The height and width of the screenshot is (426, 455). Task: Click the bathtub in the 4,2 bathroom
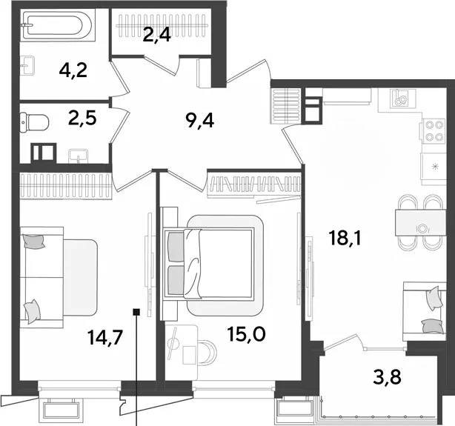(x=58, y=25)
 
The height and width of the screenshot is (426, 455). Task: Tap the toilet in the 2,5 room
(x=34, y=122)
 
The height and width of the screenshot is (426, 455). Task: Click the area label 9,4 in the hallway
(x=200, y=121)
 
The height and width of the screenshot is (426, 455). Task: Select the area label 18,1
(x=345, y=238)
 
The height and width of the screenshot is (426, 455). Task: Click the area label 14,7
(x=105, y=338)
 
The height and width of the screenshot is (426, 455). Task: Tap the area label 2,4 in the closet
(x=156, y=36)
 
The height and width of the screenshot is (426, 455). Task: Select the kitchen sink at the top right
(x=400, y=98)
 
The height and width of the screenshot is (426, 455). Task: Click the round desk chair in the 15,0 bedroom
(x=208, y=352)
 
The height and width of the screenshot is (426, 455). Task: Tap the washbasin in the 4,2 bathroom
(x=27, y=65)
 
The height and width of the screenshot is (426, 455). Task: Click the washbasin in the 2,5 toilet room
(x=79, y=156)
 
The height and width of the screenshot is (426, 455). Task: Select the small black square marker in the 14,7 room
(x=136, y=312)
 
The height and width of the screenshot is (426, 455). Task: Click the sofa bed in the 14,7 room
(x=58, y=278)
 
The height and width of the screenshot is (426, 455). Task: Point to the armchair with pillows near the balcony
(x=424, y=312)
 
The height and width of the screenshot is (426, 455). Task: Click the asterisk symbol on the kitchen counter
(x=435, y=166)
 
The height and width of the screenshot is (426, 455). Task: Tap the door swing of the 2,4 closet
(x=162, y=66)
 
